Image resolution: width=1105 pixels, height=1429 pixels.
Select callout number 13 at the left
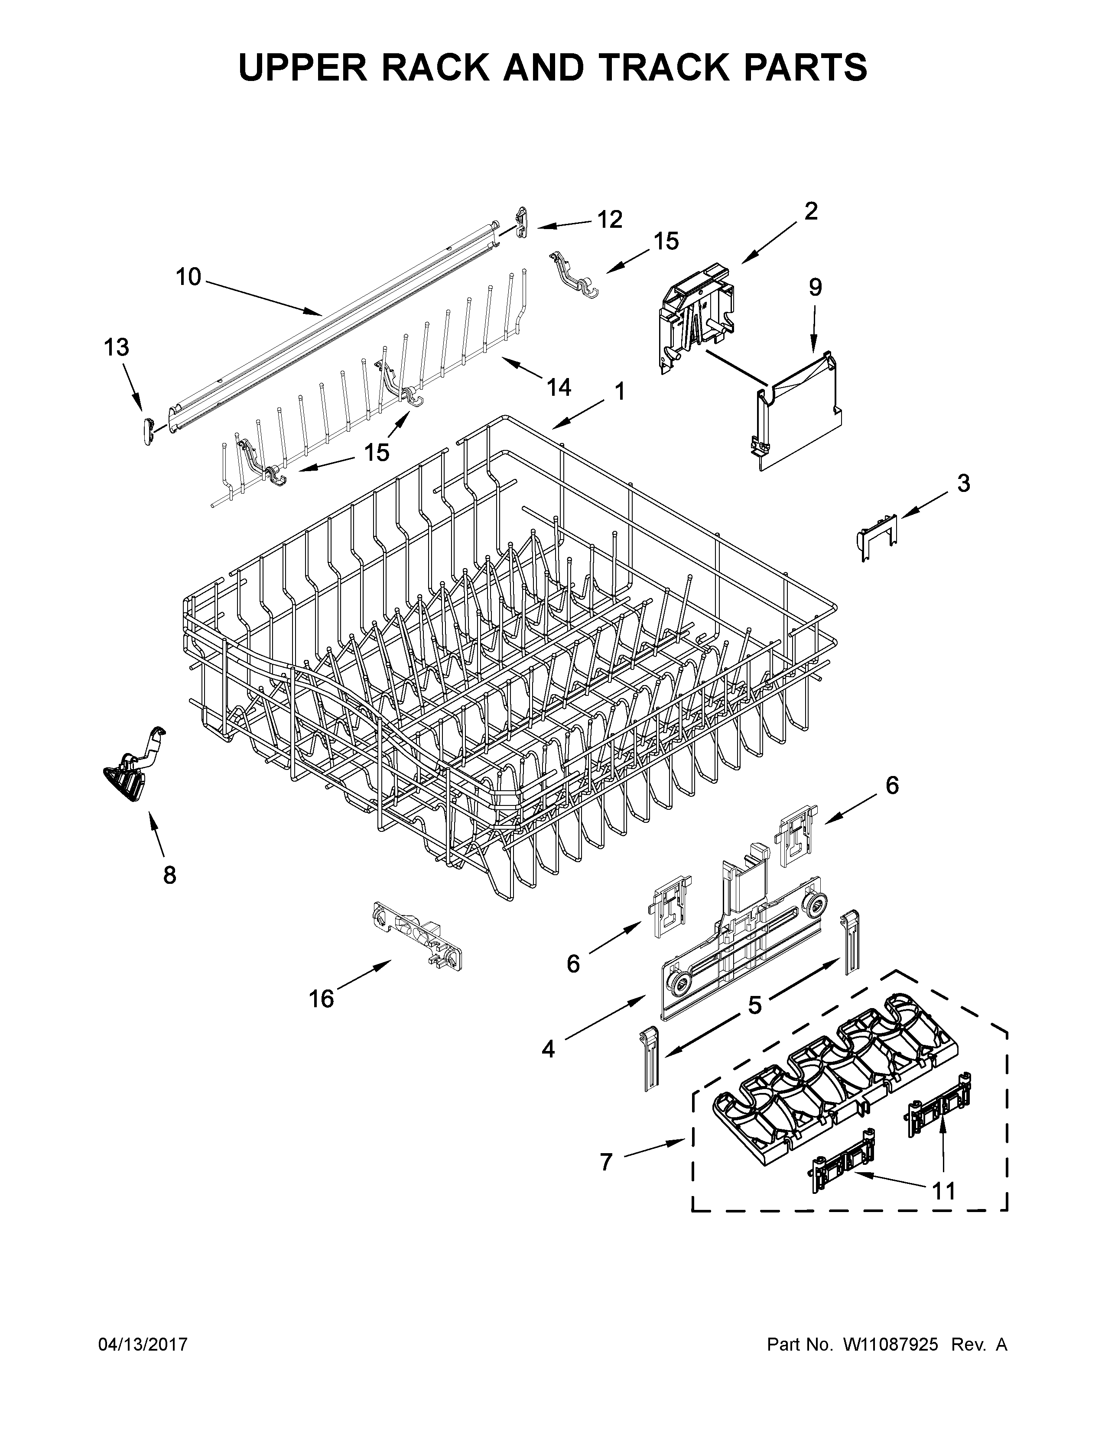[x=117, y=347]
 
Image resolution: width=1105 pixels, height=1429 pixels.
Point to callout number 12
[x=609, y=220]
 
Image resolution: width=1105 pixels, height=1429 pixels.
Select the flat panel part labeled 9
[x=799, y=412]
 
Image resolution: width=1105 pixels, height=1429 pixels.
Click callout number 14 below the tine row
[x=559, y=388]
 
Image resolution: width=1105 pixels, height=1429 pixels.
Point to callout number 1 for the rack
[x=619, y=391]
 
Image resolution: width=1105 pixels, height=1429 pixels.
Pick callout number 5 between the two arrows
[x=755, y=1005]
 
